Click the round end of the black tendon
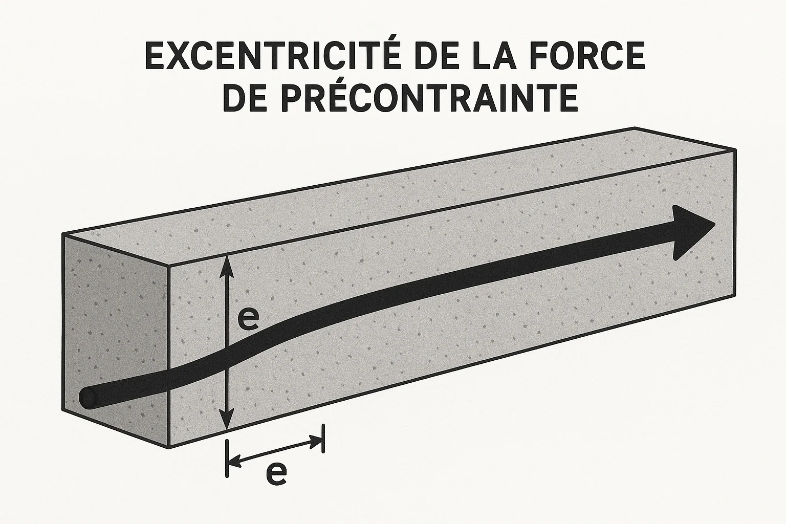pyautogui.click(x=88, y=398)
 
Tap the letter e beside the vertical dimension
pyautogui.click(x=248, y=319)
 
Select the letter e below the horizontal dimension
pyautogui.click(x=276, y=474)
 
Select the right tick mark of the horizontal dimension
pyautogui.click(x=323, y=438)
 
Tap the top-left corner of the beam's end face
pyautogui.click(x=62, y=234)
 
